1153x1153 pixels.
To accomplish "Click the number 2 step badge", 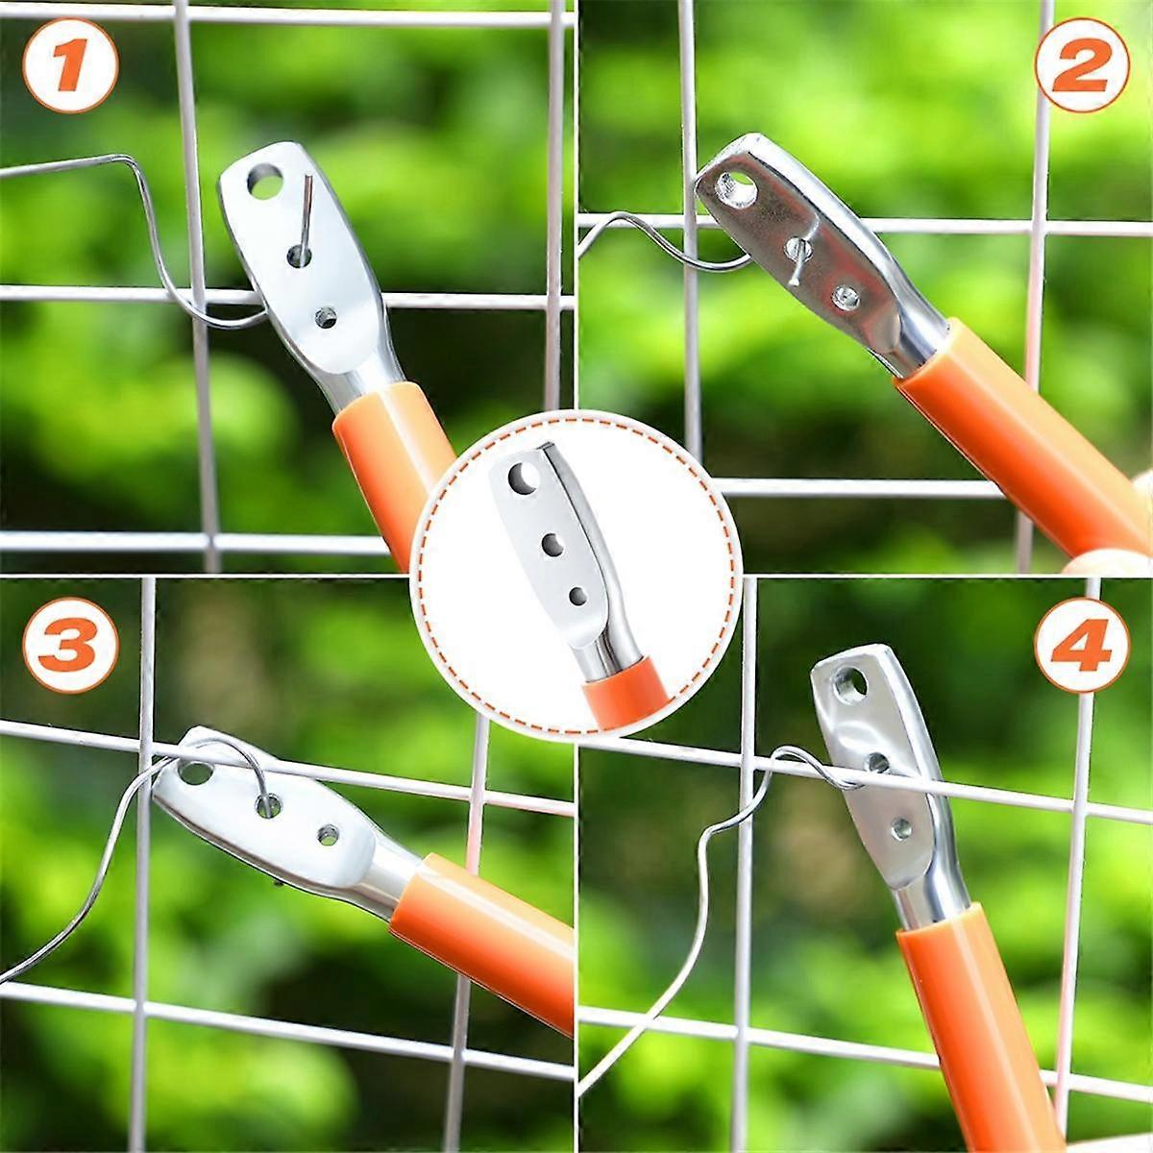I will (x=1081, y=63).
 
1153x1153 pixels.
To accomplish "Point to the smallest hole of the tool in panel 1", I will (x=327, y=317).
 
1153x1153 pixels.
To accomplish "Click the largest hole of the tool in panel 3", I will (x=195, y=772).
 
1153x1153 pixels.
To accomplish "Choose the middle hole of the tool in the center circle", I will (x=552, y=545).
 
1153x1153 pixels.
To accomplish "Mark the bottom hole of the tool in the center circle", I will (x=577, y=597).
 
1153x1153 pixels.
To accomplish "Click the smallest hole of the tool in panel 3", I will (x=328, y=834).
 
